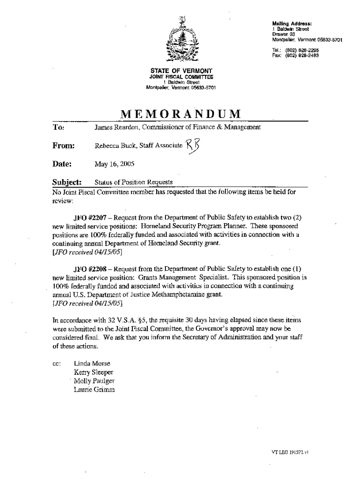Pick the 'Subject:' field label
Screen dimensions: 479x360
click(67, 182)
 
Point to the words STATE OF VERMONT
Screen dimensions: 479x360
click(180, 71)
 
